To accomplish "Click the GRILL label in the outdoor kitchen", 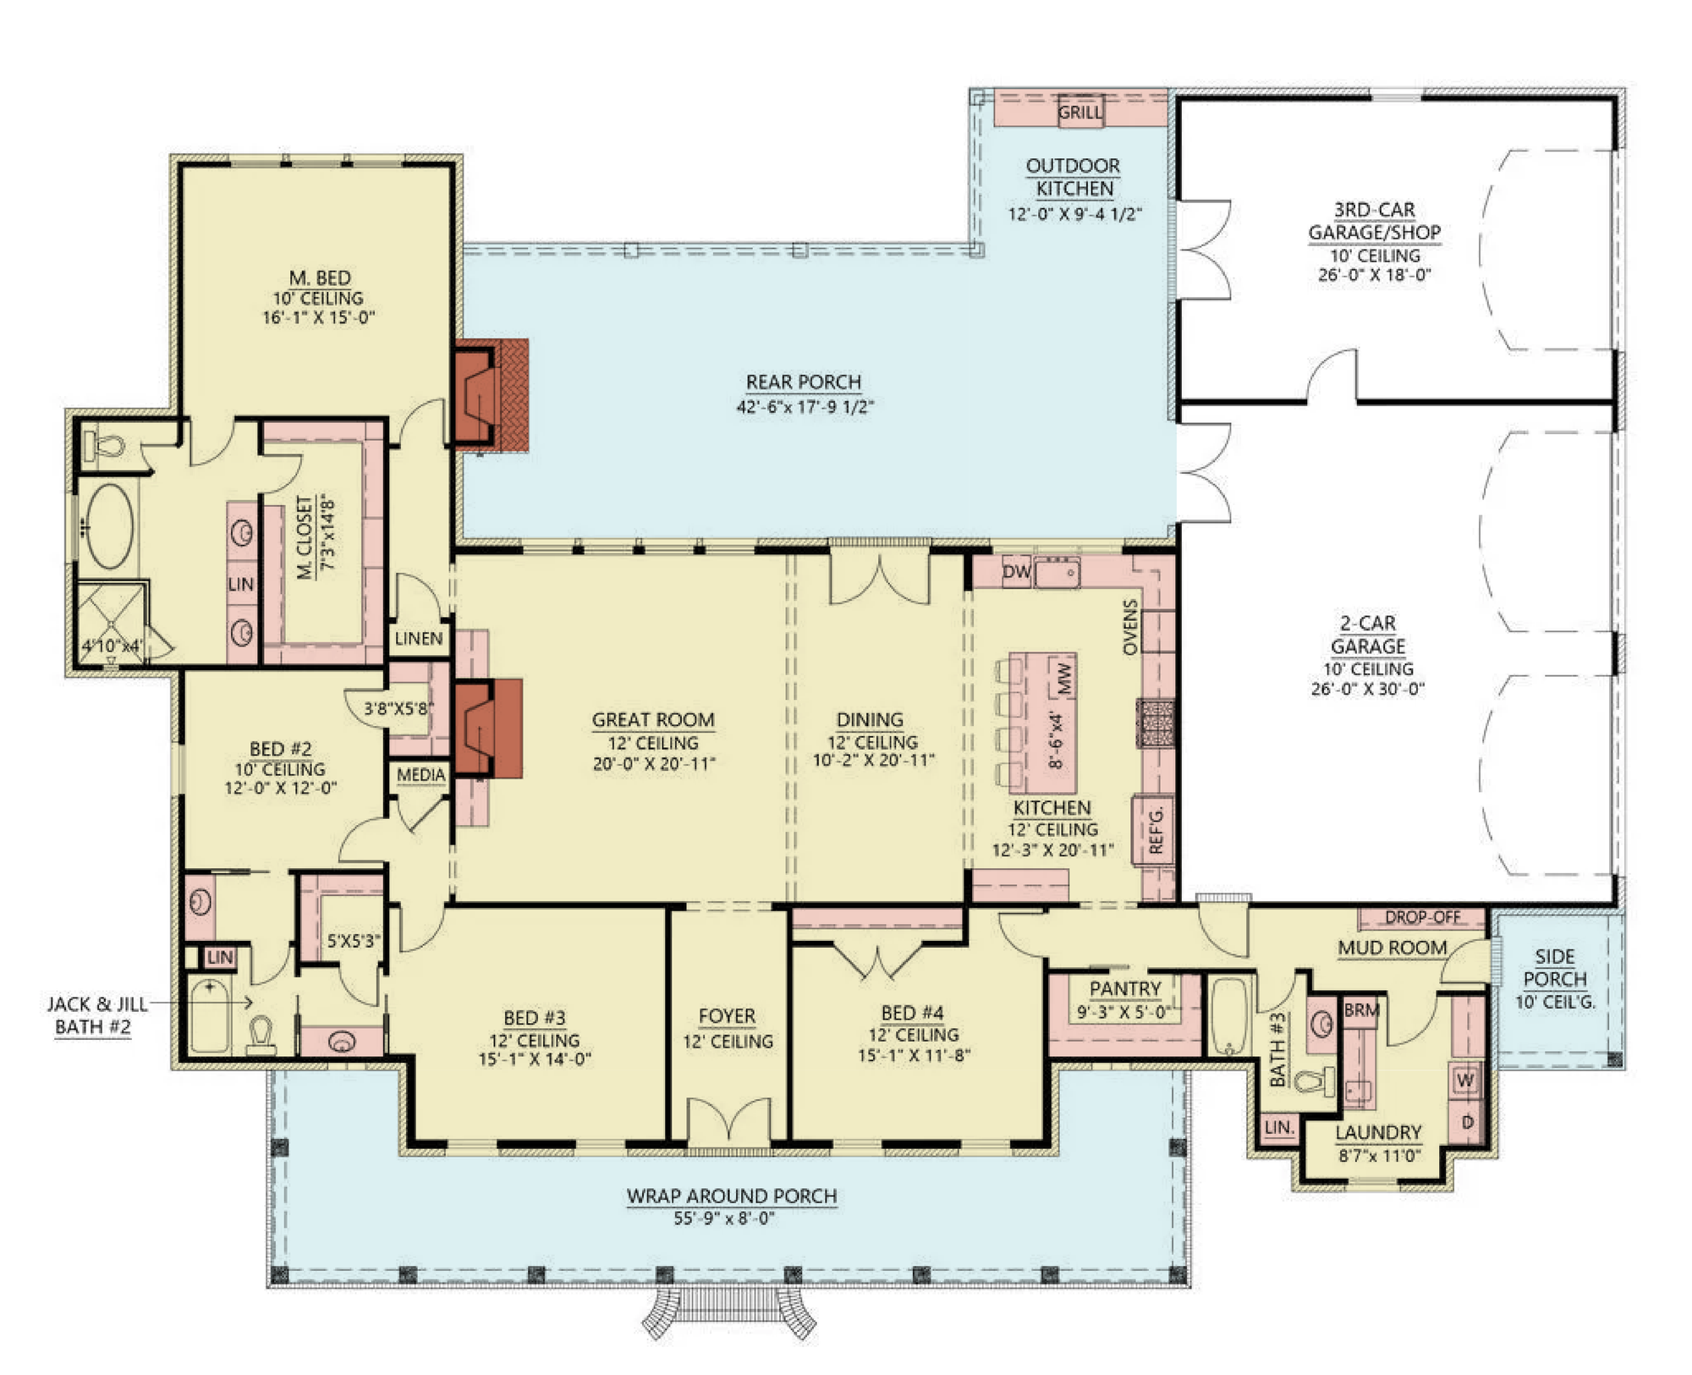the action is click(x=1080, y=112).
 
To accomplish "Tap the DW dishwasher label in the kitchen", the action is click(x=1016, y=572).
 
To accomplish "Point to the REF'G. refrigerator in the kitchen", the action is click(x=1156, y=830).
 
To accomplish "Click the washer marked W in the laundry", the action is click(x=1466, y=1080).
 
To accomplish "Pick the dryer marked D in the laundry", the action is click(x=1468, y=1122).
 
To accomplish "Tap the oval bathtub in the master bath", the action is click(x=111, y=525).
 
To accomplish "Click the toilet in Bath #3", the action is click(x=1316, y=1081).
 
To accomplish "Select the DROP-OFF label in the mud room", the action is click(x=1422, y=917).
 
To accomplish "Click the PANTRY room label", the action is click(x=1125, y=988).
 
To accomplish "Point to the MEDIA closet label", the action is click(x=420, y=775).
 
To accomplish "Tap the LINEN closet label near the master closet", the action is click(x=419, y=639).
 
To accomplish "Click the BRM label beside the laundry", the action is click(x=1362, y=1009).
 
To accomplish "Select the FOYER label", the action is click(x=727, y=1016).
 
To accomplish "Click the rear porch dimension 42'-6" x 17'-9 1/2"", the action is click(x=805, y=407).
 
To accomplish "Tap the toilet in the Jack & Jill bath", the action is click(x=261, y=1034).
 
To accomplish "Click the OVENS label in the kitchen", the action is click(x=1130, y=627).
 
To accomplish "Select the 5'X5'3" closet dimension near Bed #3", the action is click(x=354, y=940).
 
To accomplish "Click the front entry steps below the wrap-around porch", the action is click(x=728, y=1311).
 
